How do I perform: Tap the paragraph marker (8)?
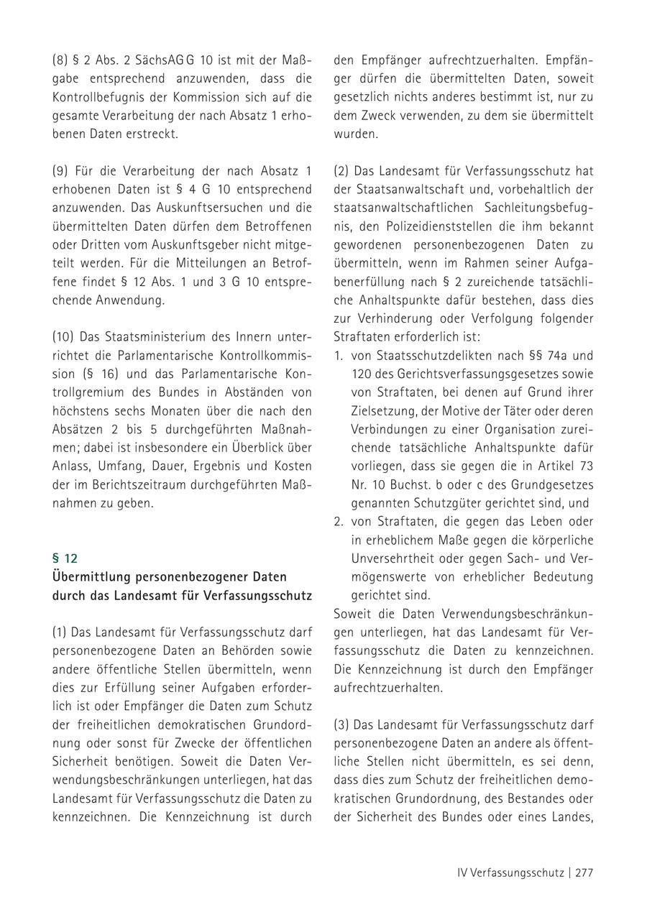[60, 60]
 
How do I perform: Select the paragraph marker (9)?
[60, 172]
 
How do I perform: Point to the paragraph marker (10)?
[63, 336]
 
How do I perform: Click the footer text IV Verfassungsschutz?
[510, 873]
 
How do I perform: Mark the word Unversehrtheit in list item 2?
[393, 558]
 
